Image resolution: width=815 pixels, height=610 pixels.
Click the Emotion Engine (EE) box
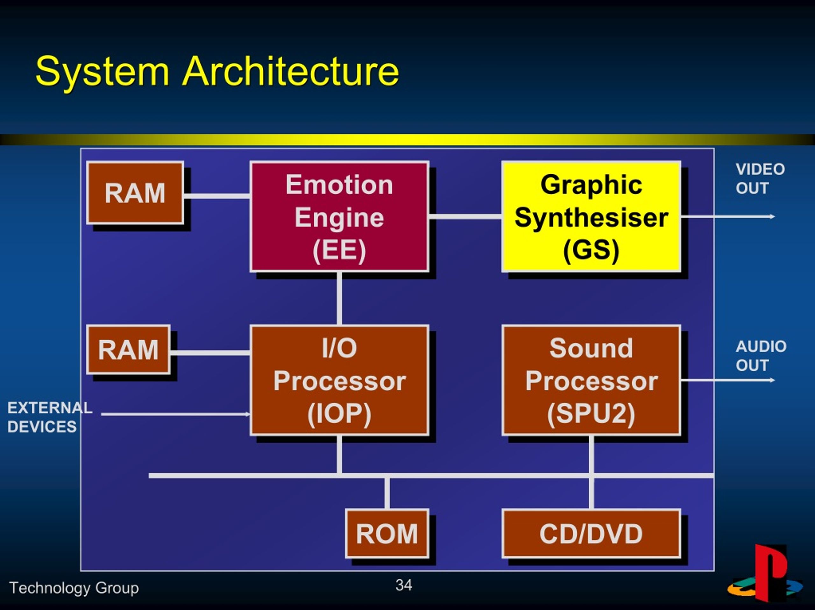coord(339,216)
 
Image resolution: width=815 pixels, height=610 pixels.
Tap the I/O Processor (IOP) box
coord(339,380)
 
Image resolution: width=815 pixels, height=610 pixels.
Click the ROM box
coord(387,533)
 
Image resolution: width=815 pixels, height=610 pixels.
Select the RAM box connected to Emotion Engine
coord(135,192)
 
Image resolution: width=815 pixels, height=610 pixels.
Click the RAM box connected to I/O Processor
coord(128,349)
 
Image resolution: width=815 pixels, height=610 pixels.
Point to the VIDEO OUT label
coord(760,178)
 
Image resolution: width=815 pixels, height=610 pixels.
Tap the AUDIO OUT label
coord(761,356)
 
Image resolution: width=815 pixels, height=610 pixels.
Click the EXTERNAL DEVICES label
coord(50,417)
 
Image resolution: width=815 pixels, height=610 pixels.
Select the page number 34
coord(404,585)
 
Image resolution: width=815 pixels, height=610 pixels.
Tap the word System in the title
coord(103,72)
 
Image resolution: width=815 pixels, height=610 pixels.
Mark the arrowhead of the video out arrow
coord(773,216)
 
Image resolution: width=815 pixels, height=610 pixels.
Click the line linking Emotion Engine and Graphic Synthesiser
coord(465,216)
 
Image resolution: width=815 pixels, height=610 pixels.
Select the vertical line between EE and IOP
coord(339,298)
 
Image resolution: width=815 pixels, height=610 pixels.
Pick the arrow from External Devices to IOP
coord(175,414)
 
